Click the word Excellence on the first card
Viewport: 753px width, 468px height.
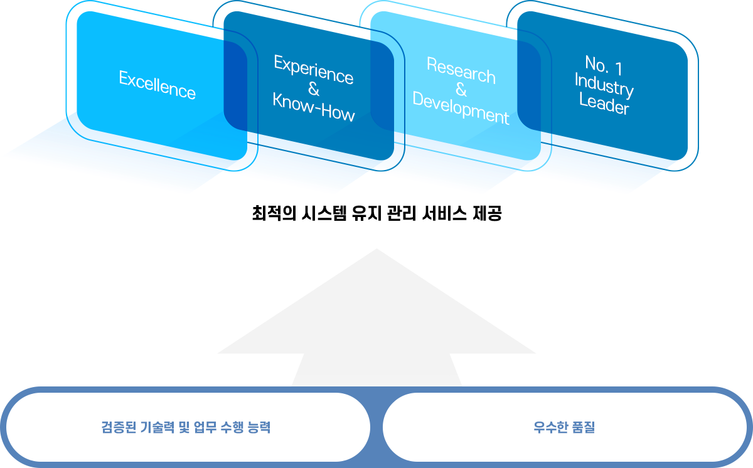pyautogui.click(x=157, y=85)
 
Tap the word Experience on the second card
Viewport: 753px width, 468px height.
pyautogui.click(x=314, y=69)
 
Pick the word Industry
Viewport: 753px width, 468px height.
pyautogui.click(x=604, y=85)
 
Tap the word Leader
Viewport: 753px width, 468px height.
pyautogui.click(x=604, y=104)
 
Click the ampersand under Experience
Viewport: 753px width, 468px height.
pyautogui.click(x=314, y=89)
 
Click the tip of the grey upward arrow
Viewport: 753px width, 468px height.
pyautogui.click(x=376, y=250)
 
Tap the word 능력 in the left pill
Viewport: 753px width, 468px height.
pyautogui.click(x=257, y=428)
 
